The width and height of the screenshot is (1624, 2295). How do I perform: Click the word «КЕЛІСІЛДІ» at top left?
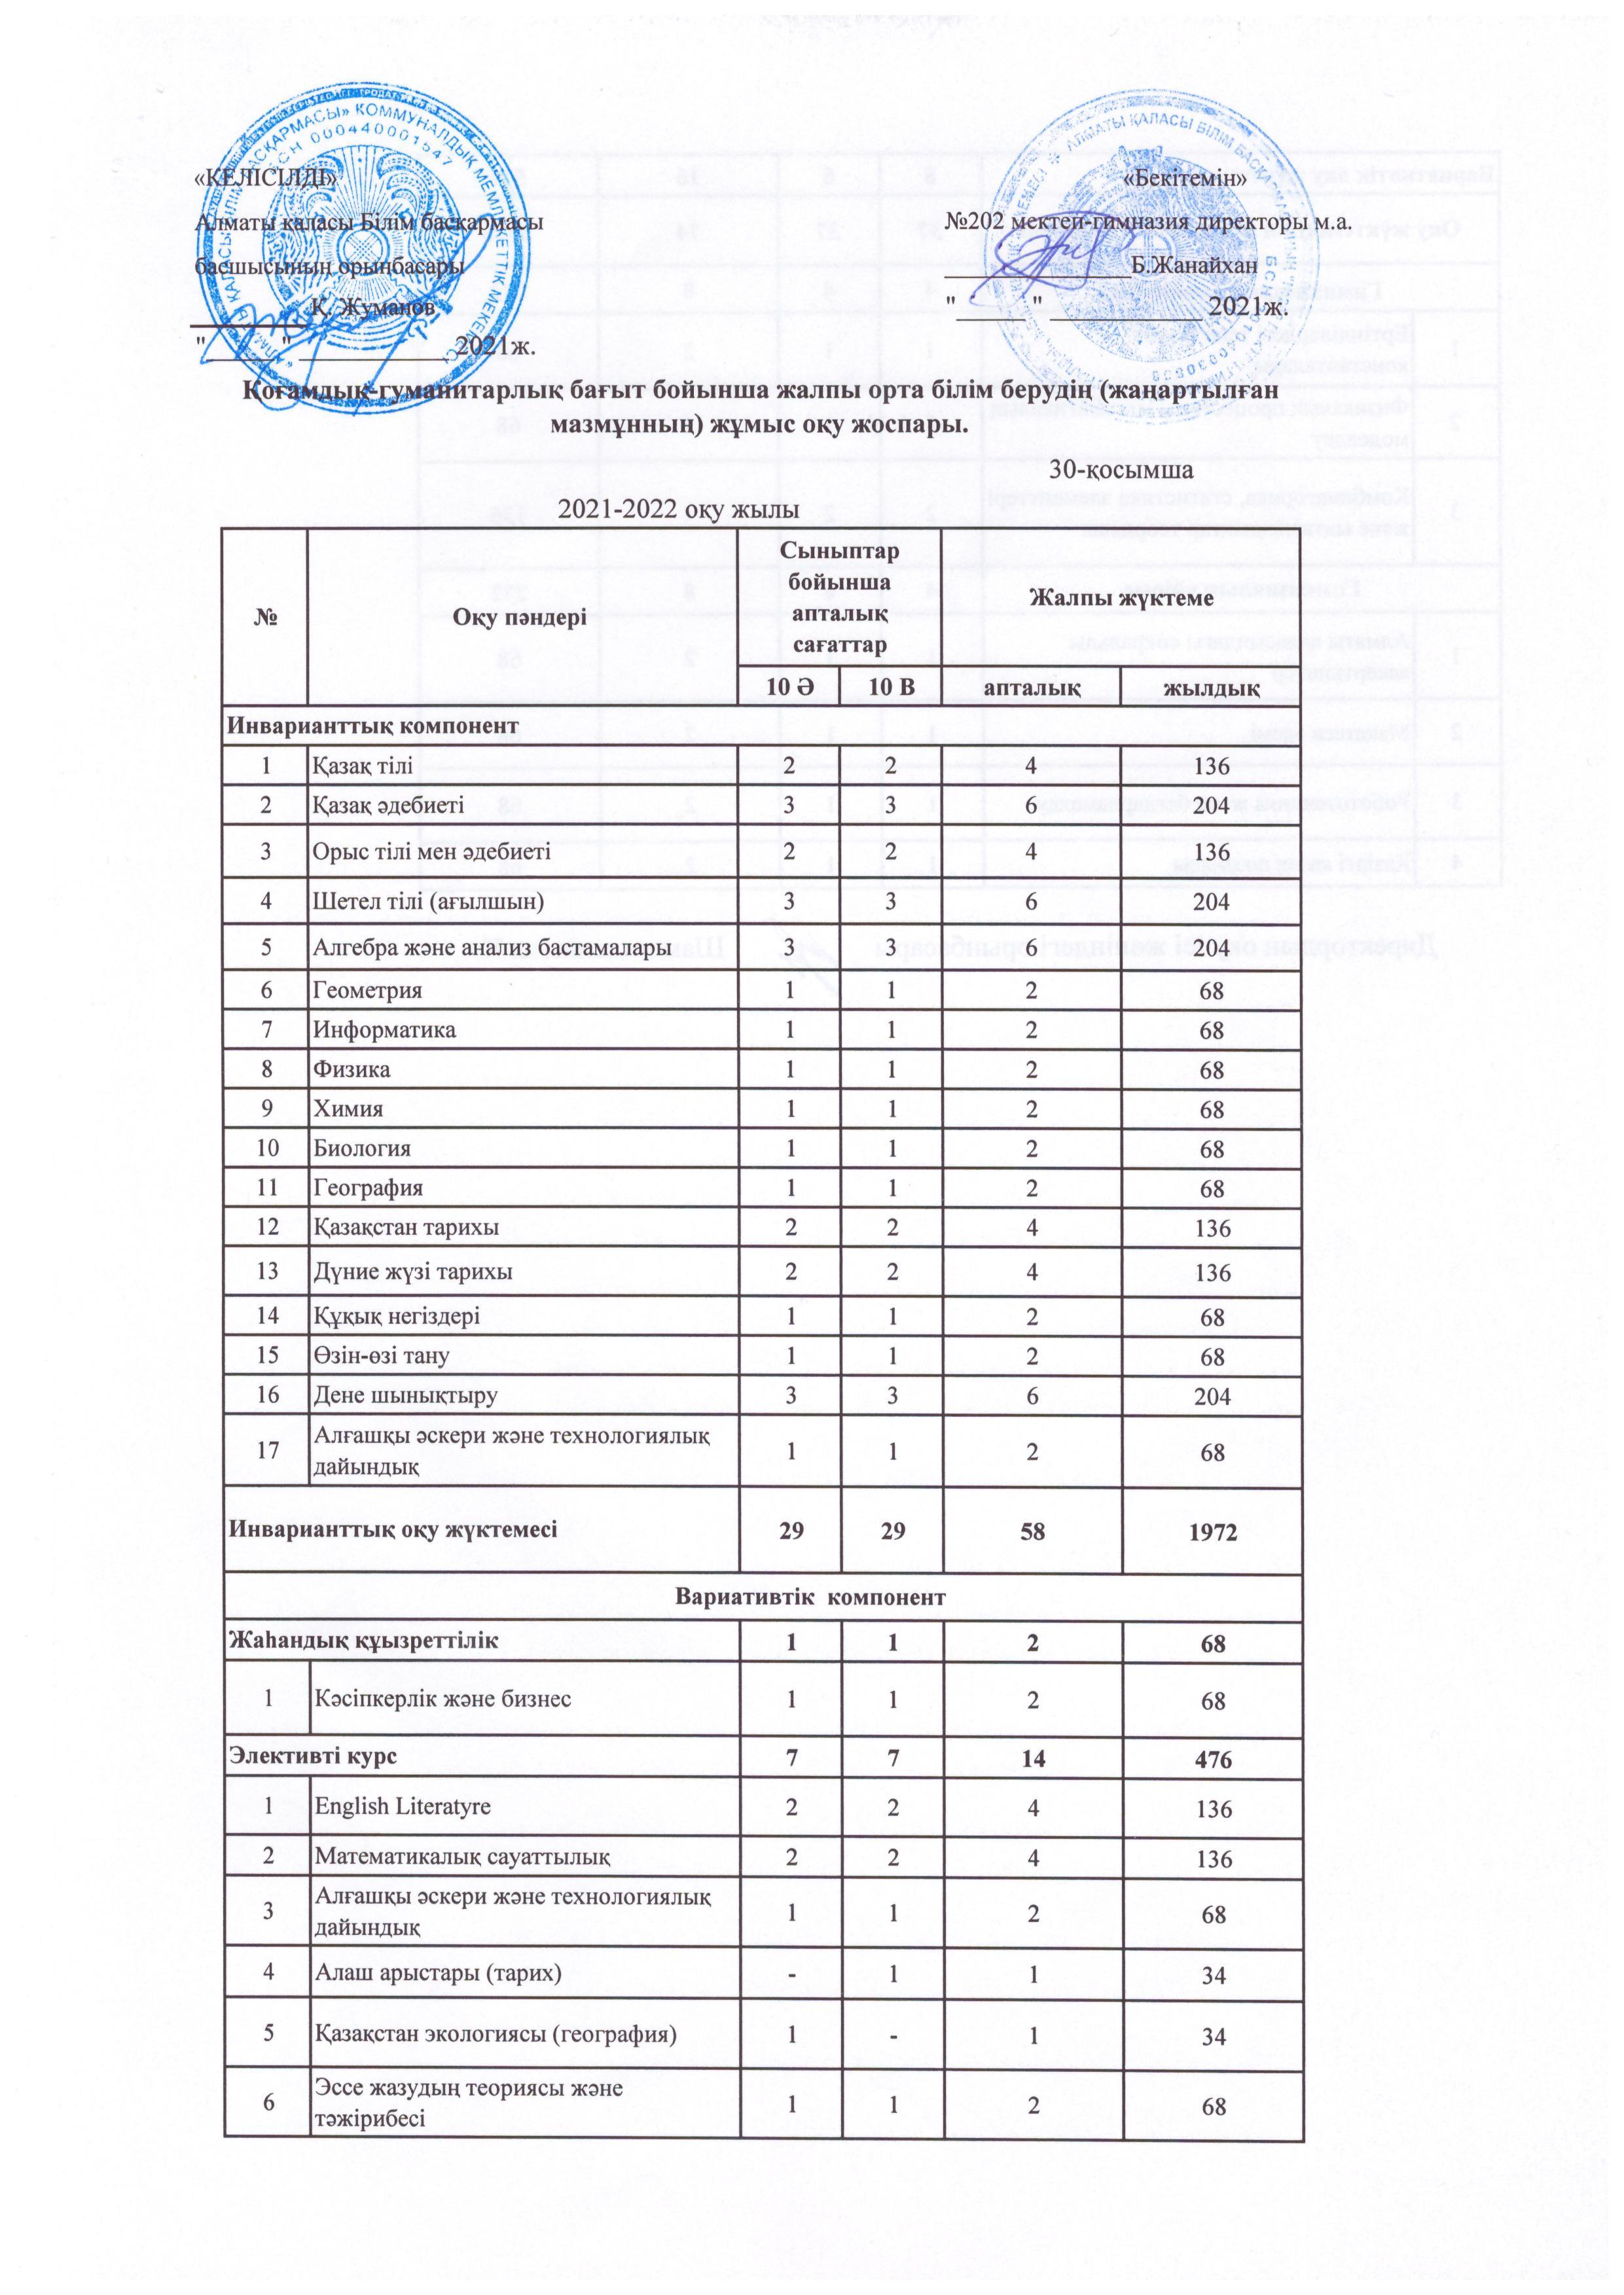[x=261, y=179]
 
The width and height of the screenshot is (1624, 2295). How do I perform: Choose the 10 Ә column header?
[x=789, y=688]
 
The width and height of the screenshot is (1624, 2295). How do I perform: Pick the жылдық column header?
[x=1211, y=688]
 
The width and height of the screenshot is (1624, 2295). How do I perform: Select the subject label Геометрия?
[x=367, y=989]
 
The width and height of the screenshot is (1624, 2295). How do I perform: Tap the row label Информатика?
[x=384, y=1029]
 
